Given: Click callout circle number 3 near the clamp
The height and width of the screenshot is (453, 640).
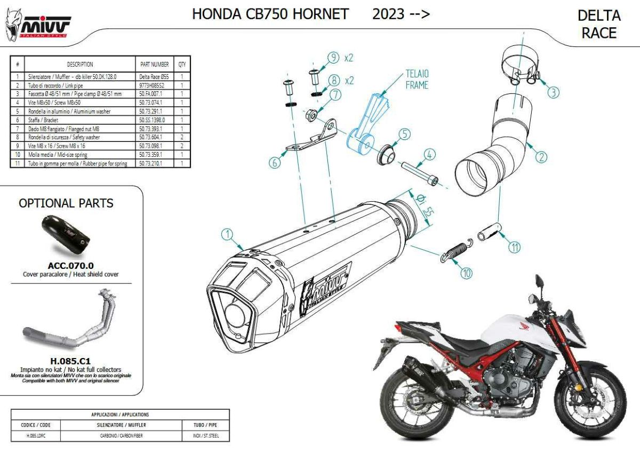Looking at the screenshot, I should (553, 92).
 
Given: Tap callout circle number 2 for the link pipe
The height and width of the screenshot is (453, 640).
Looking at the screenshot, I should (541, 157).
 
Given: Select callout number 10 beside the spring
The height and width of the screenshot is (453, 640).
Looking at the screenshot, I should (466, 273).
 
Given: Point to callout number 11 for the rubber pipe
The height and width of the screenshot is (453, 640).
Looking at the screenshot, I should (514, 247).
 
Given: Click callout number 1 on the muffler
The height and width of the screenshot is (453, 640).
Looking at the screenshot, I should (227, 234).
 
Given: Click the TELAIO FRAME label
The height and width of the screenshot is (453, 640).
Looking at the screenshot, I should (417, 79).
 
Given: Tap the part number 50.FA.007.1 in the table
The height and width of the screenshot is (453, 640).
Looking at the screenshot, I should (150, 93).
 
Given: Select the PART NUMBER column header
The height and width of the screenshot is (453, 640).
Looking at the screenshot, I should (155, 64).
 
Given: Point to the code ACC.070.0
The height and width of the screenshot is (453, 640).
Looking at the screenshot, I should (70, 265).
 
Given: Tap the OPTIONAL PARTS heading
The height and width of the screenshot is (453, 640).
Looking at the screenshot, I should (66, 203).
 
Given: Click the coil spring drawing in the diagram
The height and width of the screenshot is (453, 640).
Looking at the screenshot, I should (454, 250).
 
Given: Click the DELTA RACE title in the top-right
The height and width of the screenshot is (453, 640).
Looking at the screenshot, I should (599, 24).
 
